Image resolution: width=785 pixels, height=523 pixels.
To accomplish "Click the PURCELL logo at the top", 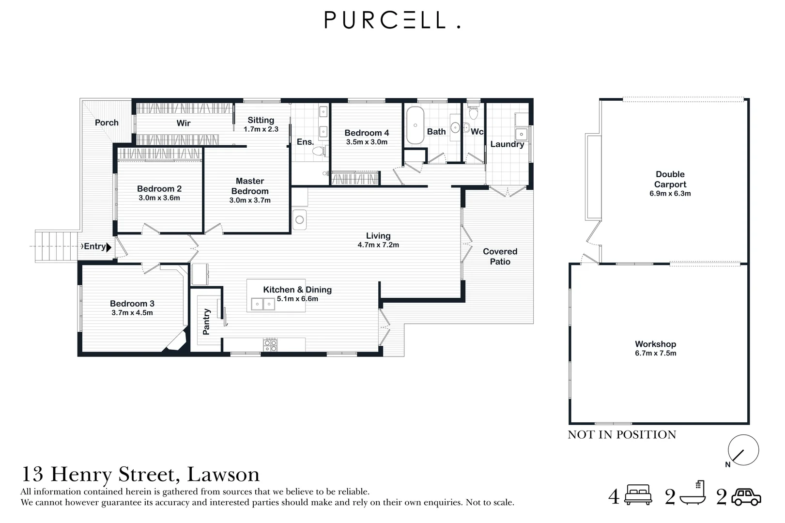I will pos(392,20).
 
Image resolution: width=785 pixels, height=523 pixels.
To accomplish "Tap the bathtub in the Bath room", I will pos(415,125).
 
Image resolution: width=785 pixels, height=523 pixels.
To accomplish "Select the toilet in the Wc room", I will pos(474,113).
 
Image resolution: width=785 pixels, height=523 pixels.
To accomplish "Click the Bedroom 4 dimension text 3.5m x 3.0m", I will pos(367,142).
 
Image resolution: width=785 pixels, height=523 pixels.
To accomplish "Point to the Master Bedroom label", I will pos(250,186).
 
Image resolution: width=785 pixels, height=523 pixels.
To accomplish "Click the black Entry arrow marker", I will pos(109,247).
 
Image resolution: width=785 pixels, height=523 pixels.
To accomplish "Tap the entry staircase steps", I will pos(56,246).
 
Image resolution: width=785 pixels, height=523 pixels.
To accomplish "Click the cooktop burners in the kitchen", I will pos(270,345).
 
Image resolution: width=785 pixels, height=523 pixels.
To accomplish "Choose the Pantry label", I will pos(206,322).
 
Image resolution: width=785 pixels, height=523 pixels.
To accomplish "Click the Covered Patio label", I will pos(500,257).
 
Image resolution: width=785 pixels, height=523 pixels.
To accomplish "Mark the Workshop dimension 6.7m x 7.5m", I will pos(655,354).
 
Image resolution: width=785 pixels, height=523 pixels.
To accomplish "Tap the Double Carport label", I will pos(670,179).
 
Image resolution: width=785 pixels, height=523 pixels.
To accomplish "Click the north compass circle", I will pos(743,450).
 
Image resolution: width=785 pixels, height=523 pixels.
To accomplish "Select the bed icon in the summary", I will pos(638,495).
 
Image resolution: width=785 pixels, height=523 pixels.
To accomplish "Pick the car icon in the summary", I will pos(746,497).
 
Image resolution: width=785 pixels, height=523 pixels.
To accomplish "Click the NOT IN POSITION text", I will pos(622,435).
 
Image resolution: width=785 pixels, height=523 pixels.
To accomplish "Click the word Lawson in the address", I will pos(223,474).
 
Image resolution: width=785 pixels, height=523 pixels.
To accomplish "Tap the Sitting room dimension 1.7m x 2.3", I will pos(261,129).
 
